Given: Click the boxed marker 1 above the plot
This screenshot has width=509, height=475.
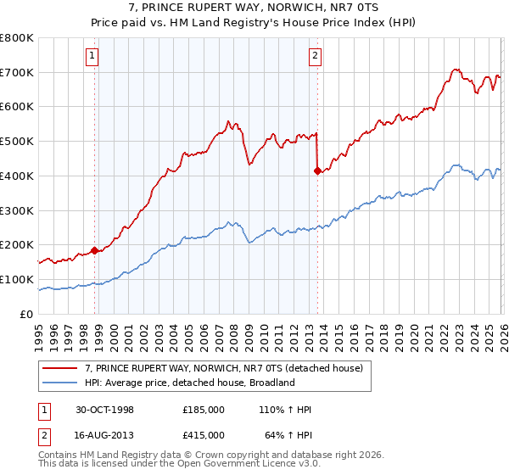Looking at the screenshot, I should (x=91, y=57).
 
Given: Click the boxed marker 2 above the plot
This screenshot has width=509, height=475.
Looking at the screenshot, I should (x=315, y=57).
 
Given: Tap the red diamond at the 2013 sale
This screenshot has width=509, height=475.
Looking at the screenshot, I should (x=317, y=171).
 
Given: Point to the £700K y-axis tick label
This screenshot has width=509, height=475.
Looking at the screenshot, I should (x=16, y=72).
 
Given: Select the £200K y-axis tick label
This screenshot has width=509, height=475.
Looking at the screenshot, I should (x=16, y=244).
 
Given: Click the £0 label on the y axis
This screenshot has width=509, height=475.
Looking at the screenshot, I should (x=27, y=314).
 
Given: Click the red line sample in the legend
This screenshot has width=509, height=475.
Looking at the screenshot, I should (x=60, y=368).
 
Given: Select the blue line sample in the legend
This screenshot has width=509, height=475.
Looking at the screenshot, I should (x=60, y=383).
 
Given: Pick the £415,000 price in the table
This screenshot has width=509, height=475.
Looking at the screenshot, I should (x=203, y=434).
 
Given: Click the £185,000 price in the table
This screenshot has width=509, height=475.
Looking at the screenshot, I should (x=203, y=410).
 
